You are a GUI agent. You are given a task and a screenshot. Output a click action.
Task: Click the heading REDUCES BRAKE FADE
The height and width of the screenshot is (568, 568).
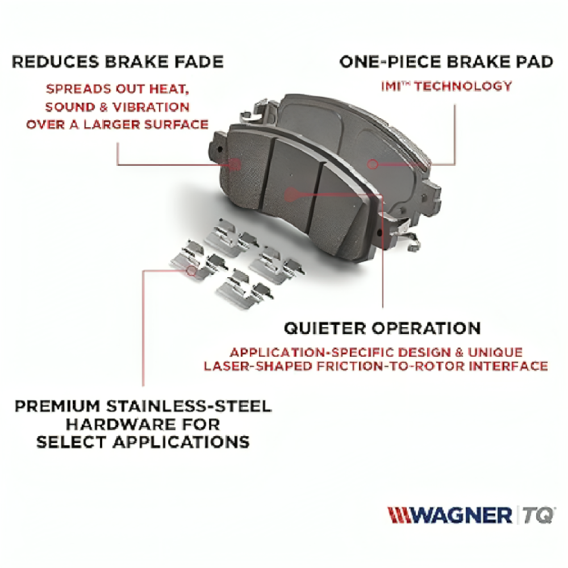(x=118, y=61)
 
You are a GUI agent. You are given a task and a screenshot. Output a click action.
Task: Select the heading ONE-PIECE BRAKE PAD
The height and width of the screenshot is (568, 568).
(x=446, y=61)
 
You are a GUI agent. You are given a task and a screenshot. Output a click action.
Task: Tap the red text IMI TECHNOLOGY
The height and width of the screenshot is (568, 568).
(x=446, y=86)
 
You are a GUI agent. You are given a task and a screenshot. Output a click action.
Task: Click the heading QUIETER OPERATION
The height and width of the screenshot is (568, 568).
(x=382, y=328)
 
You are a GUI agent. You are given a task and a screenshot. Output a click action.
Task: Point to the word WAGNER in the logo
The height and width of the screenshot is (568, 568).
(x=461, y=515)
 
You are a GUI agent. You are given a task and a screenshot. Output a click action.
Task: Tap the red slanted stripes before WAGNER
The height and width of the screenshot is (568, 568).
(x=399, y=515)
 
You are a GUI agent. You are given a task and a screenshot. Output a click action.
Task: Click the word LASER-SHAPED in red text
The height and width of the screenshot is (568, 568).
(x=257, y=366)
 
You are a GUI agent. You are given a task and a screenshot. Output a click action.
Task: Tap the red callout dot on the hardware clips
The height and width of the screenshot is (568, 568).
(x=191, y=270)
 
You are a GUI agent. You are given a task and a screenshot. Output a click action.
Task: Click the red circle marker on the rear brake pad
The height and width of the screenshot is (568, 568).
(x=373, y=165)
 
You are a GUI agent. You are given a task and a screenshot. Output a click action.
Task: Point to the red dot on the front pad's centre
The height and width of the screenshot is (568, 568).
(x=290, y=195)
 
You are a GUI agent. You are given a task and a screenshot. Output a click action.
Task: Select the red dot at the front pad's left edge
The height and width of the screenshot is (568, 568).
(x=235, y=164)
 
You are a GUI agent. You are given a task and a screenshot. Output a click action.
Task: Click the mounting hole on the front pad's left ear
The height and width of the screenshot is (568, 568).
(x=219, y=149)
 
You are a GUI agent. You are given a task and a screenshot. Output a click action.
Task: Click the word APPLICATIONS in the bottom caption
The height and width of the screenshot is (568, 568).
(x=181, y=442)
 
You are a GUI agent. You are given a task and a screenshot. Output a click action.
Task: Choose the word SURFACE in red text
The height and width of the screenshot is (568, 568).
(x=177, y=124)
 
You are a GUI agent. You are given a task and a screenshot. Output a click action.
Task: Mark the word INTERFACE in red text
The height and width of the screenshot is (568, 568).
(x=508, y=366)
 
